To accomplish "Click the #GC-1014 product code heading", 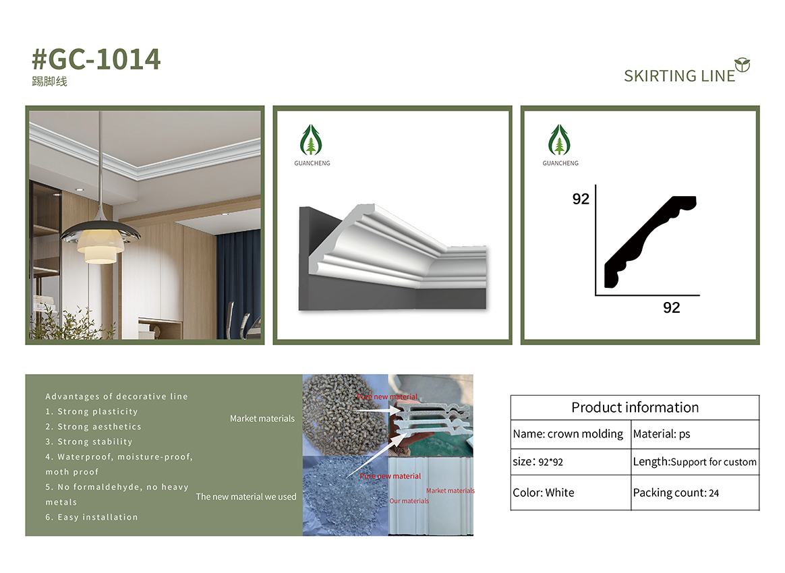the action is tap(96, 59).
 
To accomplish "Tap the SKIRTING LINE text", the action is tap(679, 76).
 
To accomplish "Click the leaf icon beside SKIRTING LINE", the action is tap(743, 65).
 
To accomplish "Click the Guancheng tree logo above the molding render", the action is tap(312, 140).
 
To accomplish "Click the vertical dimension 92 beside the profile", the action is tap(581, 199).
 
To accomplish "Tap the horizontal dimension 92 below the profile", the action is tap(671, 308).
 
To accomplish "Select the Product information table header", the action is tap(635, 407).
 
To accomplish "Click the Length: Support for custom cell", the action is tap(695, 462).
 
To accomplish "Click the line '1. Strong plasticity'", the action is tap(92, 411).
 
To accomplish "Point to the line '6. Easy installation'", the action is tap(92, 517).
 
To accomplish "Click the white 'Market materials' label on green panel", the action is tap(262, 419).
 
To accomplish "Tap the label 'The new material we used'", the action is tap(246, 496).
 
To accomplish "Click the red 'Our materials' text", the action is tap(409, 501).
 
